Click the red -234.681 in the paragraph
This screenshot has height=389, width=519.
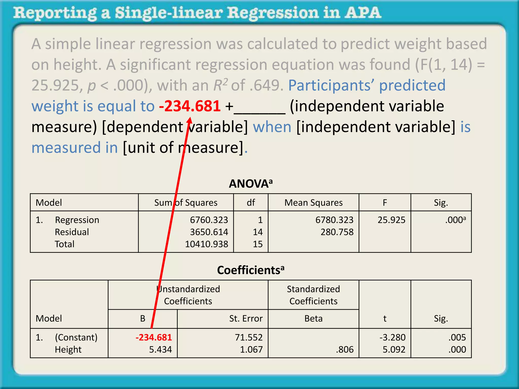(190, 106)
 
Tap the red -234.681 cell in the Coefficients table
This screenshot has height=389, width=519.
(154, 337)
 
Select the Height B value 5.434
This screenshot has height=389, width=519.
(160, 349)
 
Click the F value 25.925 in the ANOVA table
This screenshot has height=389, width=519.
(391, 220)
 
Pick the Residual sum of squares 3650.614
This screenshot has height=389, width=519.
(209, 232)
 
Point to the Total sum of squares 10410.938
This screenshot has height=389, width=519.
(206, 244)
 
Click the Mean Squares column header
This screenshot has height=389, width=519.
(313, 203)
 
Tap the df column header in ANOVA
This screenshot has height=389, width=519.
(251, 203)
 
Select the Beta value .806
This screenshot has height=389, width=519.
(345, 349)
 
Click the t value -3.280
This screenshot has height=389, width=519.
(392, 337)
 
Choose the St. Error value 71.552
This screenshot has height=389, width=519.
(249, 337)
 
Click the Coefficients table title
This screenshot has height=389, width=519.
(250, 270)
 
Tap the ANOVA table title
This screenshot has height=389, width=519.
(250, 184)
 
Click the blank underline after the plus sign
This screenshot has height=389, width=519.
(259, 111)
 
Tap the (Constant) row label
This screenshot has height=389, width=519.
(76, 337)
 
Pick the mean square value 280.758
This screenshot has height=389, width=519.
(337, 232)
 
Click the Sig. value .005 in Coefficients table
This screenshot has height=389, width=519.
(457, 337)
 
